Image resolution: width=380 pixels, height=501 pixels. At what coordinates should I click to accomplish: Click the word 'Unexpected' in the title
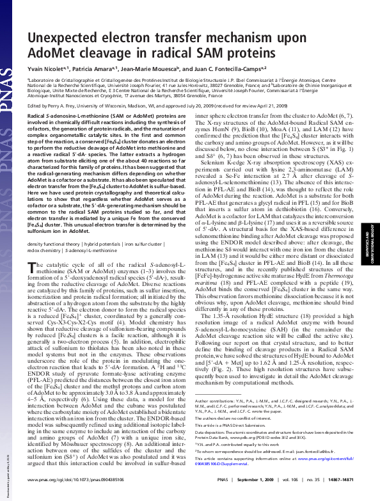(x=71, y=22)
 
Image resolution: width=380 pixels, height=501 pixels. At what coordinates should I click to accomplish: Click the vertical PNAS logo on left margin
(x=10, y=64)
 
